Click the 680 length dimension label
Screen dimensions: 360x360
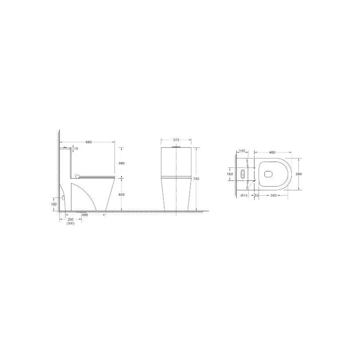(x=89, y=143)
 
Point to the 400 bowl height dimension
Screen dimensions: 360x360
(x=121, y=194)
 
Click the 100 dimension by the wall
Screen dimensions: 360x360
(x=54, y=204)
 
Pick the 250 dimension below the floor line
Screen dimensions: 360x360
(x=70, y=219)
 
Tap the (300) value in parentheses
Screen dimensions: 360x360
(x=70, y=224)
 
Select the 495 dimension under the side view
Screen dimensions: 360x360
(x=84, y=216)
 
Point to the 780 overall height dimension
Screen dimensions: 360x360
(x=197, y=179)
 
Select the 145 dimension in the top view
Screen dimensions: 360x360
(x=242, y=152)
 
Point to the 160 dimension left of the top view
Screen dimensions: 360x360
(x=229, y=174)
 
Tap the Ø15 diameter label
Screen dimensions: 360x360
(x=243, y=195)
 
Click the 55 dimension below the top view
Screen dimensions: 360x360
(x=256, y=195)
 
